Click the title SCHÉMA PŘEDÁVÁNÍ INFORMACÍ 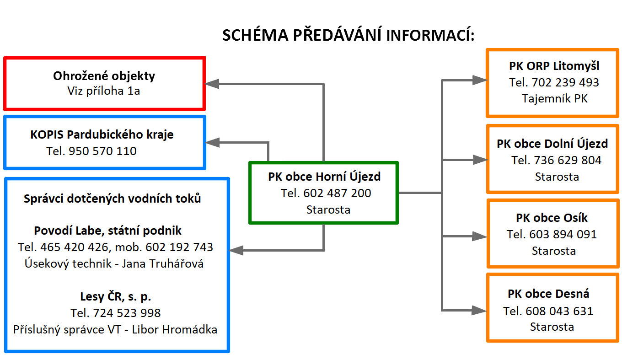click(349, 35)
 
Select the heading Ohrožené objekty click(104, 76)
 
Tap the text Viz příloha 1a click(103, 91)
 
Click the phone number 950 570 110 click(102, 151)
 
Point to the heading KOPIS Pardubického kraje click(102, 135)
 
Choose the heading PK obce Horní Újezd click(324, 177)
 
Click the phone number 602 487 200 click(337, 193)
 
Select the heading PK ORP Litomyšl click(554, 66)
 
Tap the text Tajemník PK click(554, 99)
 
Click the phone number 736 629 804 click(568, 160)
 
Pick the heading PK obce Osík click(552, 218)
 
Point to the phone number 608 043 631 click(559, 311)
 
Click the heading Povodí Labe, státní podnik click(108, 231)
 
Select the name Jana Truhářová click(162, 263)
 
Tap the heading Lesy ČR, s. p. click(116, 296)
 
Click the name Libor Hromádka click(174, 329)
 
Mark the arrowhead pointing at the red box click(212, 84)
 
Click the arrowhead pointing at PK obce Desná click(480, 310)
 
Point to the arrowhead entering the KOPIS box click(212, 143)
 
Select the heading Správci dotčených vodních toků click(112, 199)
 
